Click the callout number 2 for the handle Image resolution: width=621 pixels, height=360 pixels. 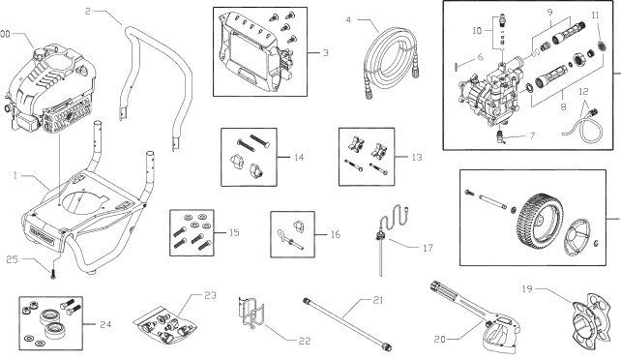(88, 13)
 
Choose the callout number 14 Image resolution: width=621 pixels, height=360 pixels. (300, 155)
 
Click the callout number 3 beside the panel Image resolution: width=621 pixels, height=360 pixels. (326, 51)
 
